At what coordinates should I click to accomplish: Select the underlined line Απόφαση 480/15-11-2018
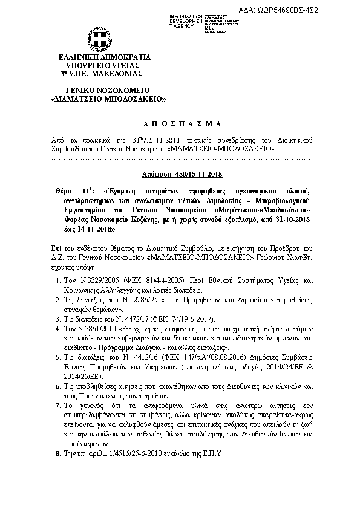[180, 175]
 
